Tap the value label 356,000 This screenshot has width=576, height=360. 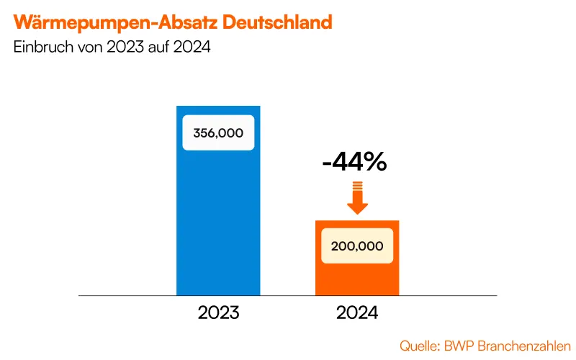218,132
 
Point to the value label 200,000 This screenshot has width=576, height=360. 357,246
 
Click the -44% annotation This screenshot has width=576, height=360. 354,162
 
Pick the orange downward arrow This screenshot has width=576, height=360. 357,199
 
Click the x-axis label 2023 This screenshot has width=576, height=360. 218,314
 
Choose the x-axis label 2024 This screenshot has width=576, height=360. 357,314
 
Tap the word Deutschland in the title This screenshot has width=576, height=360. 277,22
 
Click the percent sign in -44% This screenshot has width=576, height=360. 374,162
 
